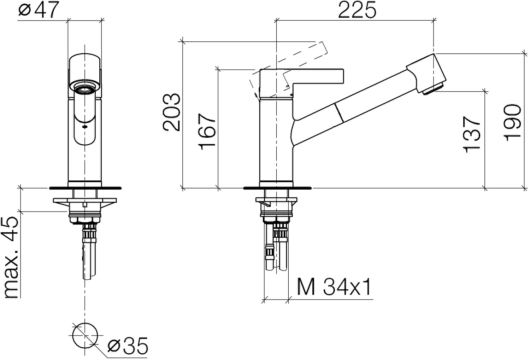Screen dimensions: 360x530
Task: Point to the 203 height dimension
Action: coord(172,112)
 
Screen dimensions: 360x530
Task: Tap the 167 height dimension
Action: coord(207,132)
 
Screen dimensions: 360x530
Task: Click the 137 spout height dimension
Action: coord(472,134)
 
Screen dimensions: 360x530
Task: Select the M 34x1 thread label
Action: coord(334,287)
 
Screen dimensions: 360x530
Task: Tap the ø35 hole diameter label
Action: coord(128,346)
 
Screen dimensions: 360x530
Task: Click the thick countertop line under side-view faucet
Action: coord(277,188)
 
